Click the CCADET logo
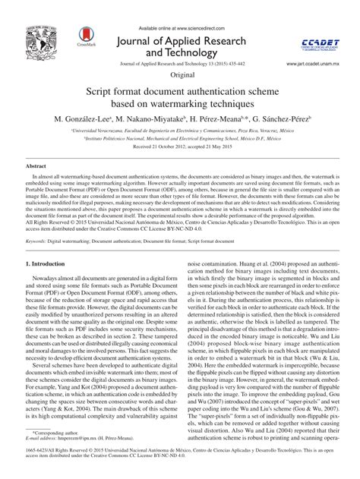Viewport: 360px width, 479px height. [x=313, y=33]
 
